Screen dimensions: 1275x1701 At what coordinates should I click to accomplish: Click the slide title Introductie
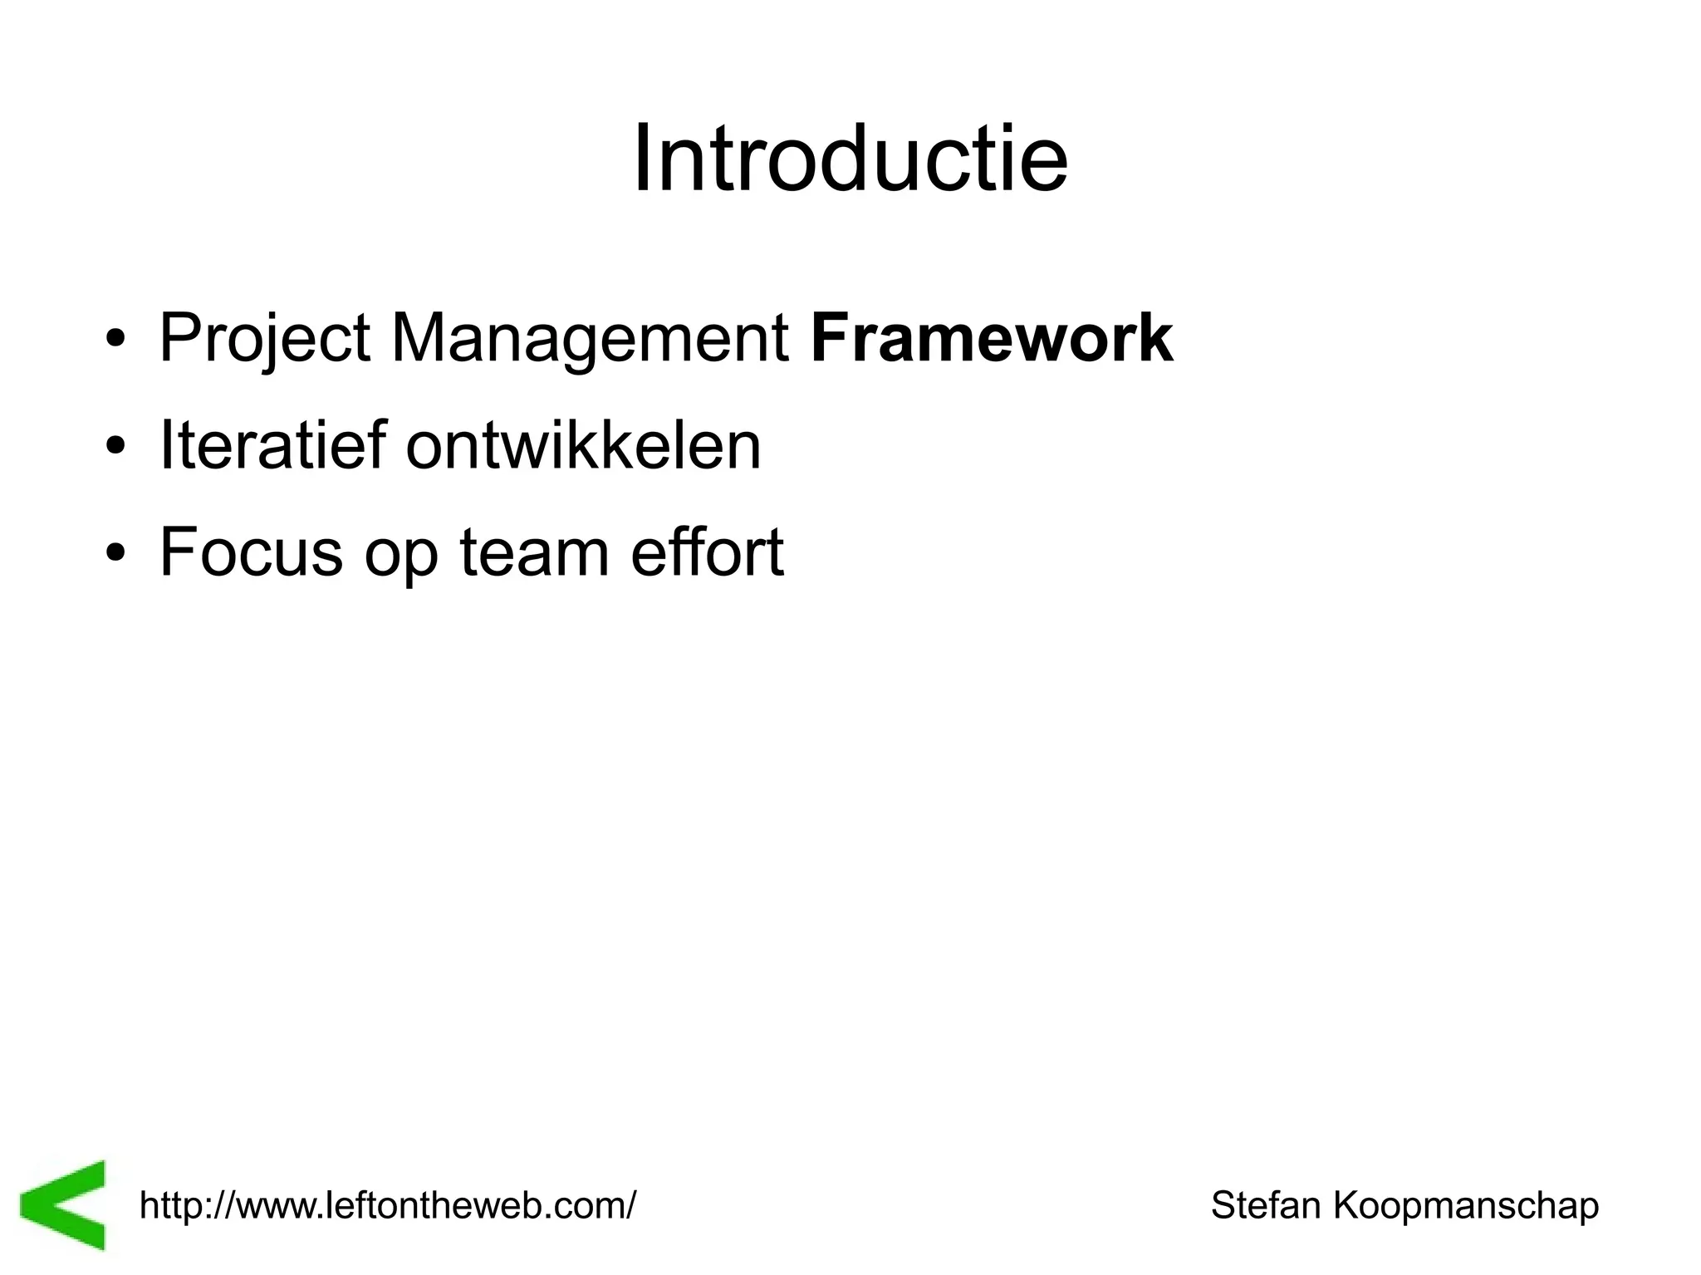click(x=850, y=159)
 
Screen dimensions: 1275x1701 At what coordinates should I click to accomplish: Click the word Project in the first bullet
click(x=264, y=339)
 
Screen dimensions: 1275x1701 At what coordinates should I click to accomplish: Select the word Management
click(x=589, y=339)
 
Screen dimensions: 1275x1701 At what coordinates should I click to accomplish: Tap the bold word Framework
click(x=992, y=338)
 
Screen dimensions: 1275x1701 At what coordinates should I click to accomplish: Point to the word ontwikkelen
click(x=583, y=445)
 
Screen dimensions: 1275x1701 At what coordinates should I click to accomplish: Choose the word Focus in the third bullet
click(x=251, y=552)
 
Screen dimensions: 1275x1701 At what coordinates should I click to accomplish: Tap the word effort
click(x=707, y=552)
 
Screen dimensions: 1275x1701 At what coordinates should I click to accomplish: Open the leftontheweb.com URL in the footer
click(x=387, y=1204)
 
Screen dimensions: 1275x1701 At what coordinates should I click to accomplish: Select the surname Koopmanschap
click(x=1466, y=1206)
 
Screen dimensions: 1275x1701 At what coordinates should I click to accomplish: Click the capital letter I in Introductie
click(x=641, y=159)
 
